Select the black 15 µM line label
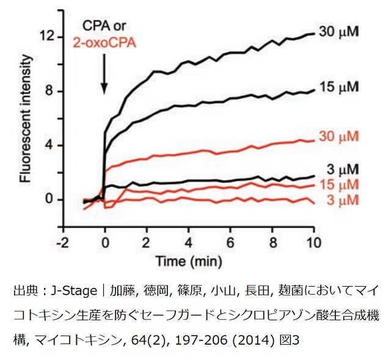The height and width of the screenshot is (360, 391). tap(340, 88)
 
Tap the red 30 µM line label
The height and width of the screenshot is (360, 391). tap(340, 136)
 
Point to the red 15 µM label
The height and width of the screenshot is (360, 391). tap(340, 185)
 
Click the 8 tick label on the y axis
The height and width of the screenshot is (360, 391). tap(53, 92)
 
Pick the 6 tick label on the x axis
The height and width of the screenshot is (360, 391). tap(230, 239)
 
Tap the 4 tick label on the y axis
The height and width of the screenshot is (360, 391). tap(53, 145)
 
